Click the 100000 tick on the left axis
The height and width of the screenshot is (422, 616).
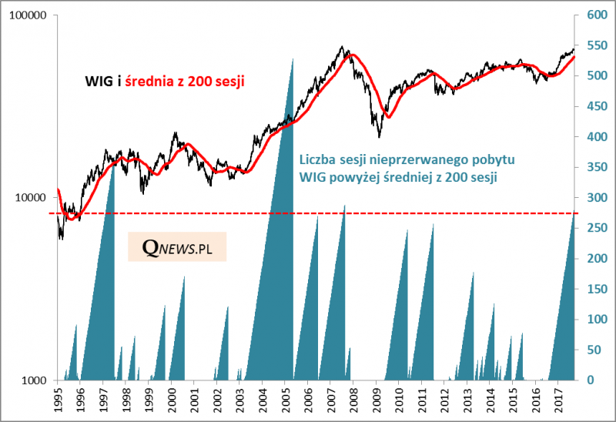pyautogui.click(x=28, y=15)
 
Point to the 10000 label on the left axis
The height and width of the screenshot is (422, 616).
pyautogui.click(x=32, y=198)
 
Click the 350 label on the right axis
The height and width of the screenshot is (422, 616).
pyautogui.click(x=597, y=167)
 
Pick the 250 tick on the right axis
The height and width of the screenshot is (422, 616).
pyautogui.click(x=597, y=228)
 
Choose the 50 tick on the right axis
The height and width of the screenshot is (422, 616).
pyautogui.click(x=594, y=350)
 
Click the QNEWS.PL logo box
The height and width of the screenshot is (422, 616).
pyautogui.click(x=176, y=246)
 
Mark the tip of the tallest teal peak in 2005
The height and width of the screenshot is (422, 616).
pyautogui.click(x=293, y=59)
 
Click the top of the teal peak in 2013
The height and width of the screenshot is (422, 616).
pyautogui.click(x=473, y=273)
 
